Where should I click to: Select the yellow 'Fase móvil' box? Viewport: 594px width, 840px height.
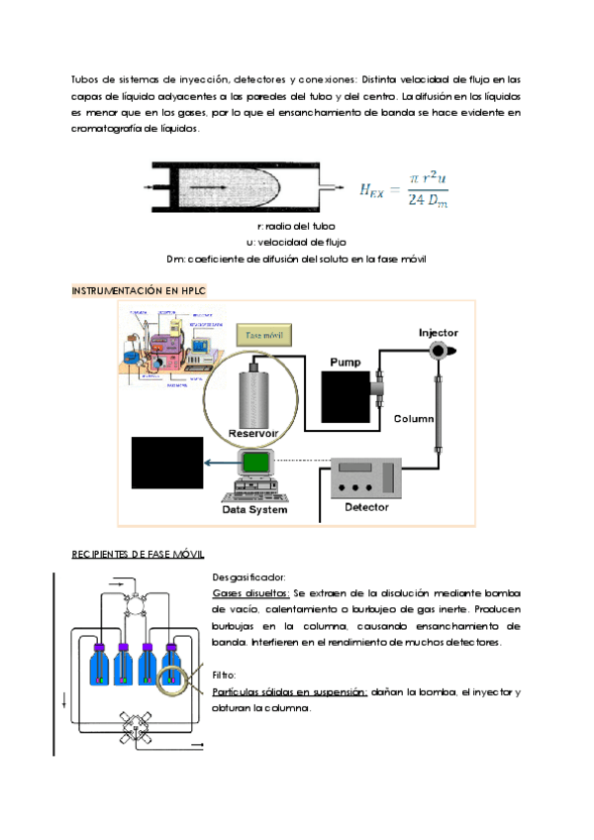click(263, 335)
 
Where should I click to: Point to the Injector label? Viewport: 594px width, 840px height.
click(438, 333)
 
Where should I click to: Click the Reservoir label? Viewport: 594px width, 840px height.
click(252, 434)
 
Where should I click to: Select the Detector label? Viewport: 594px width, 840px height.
click(365, 507)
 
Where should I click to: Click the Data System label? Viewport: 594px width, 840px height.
click(254, 510)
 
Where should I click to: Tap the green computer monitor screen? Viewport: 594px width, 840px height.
click(256, 463)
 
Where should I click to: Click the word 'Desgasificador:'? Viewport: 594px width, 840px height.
click(248, 577)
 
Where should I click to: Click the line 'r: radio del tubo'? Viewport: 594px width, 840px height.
click(295, 226)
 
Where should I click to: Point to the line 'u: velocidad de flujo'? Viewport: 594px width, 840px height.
click(296, 243)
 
